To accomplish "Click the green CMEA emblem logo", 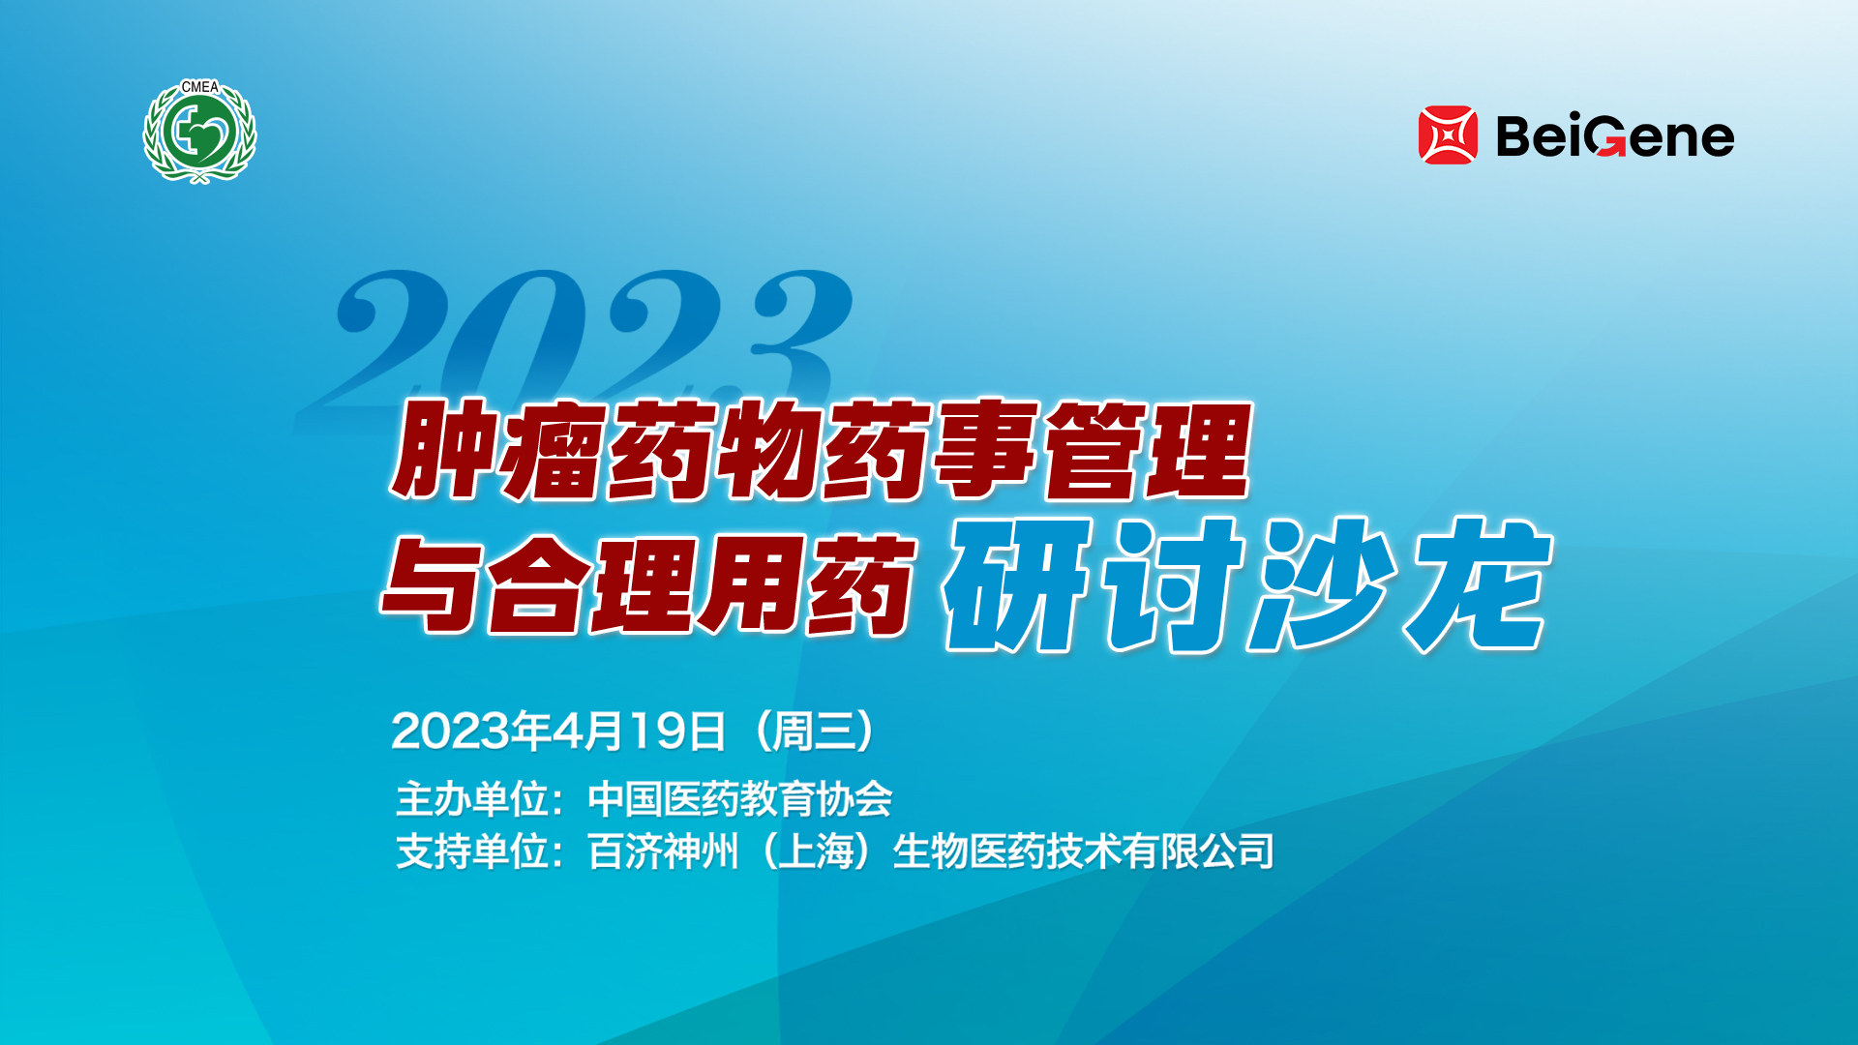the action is (199, 132).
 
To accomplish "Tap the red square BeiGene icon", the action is (1448, 135).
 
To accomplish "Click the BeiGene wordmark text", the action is (1615, 136).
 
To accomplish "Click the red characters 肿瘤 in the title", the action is (499, 450).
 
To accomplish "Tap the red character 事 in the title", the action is (987, 450).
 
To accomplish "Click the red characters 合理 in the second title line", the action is (591, 584).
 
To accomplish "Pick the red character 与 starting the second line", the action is (432, 584).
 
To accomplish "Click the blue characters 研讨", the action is (1093, 584).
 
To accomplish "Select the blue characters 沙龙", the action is (1399, 584).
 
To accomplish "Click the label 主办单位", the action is (472, 799).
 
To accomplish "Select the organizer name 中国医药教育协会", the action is (740, 799).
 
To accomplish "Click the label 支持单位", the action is (472, 851).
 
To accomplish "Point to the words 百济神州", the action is (663, 851).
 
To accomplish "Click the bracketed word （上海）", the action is (816, 851).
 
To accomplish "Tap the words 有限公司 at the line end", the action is (1198, 851).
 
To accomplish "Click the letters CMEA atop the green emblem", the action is (200, 87).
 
